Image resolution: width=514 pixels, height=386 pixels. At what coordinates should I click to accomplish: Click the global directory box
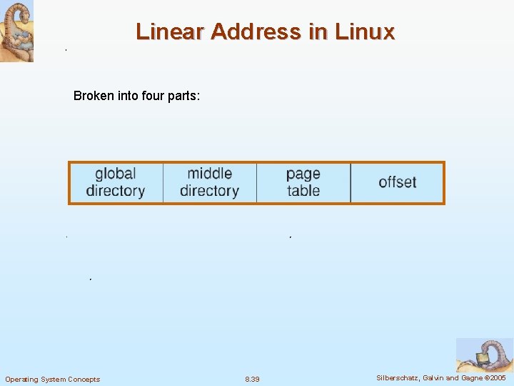[x=116, y=182]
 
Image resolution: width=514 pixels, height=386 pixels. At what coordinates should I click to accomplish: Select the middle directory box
[x=209, y=182]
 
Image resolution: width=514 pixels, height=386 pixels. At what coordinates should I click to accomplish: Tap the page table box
[x=303, y=182]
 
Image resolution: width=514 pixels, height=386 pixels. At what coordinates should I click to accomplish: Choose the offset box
[x=397, y=182]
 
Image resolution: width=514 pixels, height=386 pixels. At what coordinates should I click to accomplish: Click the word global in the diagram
[x=116, y=174]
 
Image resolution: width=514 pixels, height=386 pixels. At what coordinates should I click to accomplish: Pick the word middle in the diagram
[x=209, y=174]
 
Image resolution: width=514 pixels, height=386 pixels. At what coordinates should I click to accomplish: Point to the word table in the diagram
[x=303, y=191]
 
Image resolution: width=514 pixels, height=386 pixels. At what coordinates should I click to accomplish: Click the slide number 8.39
[x=252, y=379]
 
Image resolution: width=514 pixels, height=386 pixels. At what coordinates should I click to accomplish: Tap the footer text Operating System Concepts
[x=53, y=379]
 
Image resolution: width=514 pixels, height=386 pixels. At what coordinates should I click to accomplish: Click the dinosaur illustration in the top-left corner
[x=16, y=31]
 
